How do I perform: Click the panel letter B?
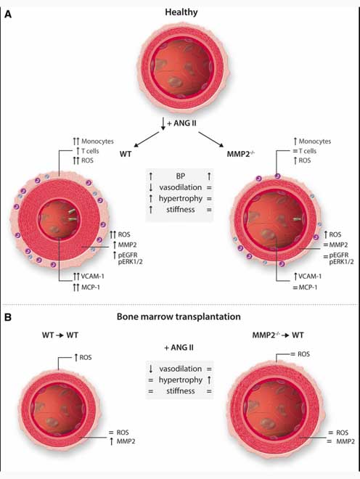tap(9, 316)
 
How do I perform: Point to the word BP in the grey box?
tap(180, 176)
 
